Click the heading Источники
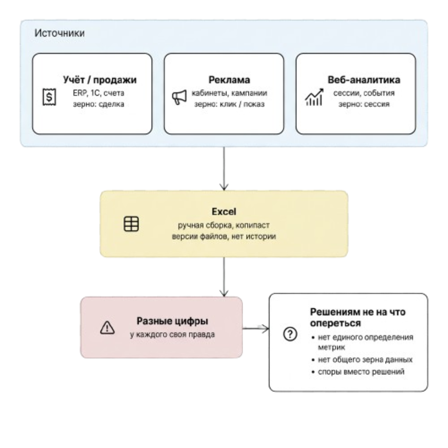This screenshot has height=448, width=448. coord(60,33)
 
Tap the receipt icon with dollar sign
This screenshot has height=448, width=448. coord(49,97)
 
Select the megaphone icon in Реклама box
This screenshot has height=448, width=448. coord(179,97)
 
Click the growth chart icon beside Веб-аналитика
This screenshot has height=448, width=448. coord(314,97)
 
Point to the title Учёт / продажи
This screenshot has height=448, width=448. coord(100,80)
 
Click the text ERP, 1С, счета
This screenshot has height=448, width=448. coord(99,93)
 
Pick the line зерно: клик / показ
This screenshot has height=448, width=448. coord(229,104)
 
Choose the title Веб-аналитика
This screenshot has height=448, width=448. coord(364,80)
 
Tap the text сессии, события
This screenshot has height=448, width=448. coord(364,93)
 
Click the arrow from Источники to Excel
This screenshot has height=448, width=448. coord(224,168)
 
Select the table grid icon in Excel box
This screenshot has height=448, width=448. coord(131,224)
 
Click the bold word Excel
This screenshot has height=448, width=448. coord(224,212)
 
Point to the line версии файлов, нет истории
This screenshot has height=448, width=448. coord(224,236)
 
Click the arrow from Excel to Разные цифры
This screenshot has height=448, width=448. coord(224,277)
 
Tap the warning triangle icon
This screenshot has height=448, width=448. coord(107,327)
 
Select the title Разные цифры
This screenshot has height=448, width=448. coord(172,321)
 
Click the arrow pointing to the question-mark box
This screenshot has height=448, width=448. coord(256,328)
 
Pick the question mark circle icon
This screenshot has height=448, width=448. coord(290,334)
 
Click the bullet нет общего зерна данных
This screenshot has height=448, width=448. coord(362,360)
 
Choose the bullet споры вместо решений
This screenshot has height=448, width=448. coord(358,372)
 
